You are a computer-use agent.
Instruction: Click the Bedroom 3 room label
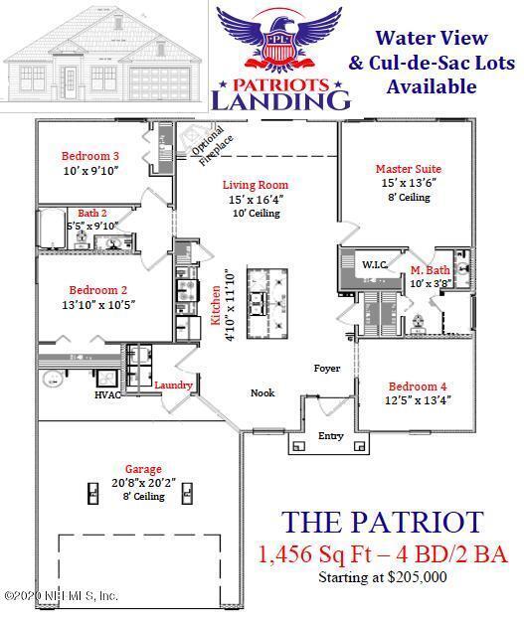(x=90, y=156)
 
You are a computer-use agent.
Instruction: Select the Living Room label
(x=255, y=185)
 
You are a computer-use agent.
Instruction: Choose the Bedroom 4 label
(x=418, y=386)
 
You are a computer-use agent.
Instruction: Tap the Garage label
(x=143, y=469)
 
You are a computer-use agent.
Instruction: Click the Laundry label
(x=173, y=384)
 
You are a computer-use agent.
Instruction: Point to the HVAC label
(x=107, y=395)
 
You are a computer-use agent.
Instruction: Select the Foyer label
(x=327, y=369)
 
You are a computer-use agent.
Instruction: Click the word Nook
(x=262, y=392)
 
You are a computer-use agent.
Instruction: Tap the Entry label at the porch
(x=330, y=436)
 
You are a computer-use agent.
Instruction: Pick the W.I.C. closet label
(x=374, y=265)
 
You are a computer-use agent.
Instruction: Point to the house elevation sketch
(x=105, y=59)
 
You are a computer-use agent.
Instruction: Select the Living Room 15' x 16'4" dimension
(x=255, y=200)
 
